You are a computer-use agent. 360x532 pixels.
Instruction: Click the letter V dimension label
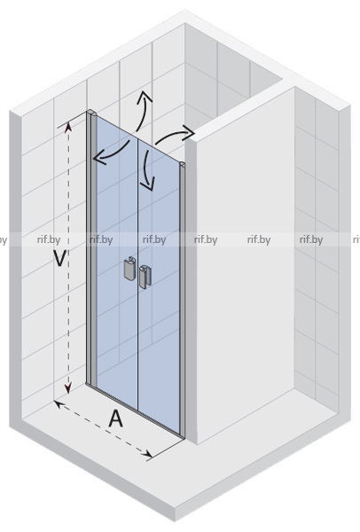[x=60, y=258]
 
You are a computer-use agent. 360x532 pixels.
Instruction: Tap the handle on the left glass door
[x=130, y=269]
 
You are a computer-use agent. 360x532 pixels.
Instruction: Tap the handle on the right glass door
[x=145, y=277]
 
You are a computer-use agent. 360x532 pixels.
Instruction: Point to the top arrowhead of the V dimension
[x=69, y=126]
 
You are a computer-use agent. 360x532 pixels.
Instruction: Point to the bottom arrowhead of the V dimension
[x=68, y=387]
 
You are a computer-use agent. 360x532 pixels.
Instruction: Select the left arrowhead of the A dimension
[x=59, y=403]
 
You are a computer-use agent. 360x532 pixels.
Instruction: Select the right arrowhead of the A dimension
[x=148, y=454]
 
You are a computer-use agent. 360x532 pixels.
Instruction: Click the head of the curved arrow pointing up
[x=145, y=97]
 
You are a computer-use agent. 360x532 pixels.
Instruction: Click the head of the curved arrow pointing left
[x=98, y=159]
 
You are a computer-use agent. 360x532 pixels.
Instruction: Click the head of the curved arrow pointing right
[x=188, y=132]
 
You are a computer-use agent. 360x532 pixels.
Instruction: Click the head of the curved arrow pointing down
[x=147, y=184]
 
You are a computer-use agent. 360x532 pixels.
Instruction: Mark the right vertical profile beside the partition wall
[x=182, y=301]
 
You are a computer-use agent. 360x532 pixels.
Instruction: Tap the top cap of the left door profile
[x=92, y=113]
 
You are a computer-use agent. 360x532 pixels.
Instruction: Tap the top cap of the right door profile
[x=183, y=165]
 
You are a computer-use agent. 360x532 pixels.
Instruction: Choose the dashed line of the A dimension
[x=104, y=429]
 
